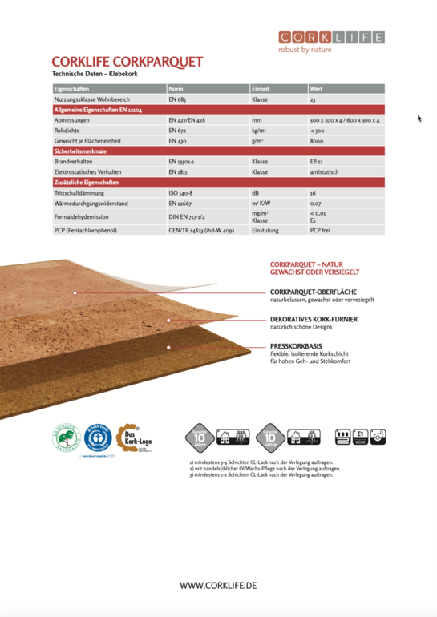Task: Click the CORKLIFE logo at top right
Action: click(x=331, y=38)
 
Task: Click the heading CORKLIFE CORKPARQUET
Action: click(x=127, y=62)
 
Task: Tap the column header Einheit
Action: click(x=261, y=88)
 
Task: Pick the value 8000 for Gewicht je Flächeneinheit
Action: click(x=318, y=140)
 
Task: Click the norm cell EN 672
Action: click(x=177, y=130)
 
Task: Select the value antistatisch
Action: click(x=326, y=171)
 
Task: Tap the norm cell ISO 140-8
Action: click(x=180, y=193)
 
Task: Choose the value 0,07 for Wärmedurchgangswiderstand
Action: click(x=316, y=204)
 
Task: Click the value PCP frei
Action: click(x=321, y=230)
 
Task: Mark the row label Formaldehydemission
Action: click(x=81, y=216)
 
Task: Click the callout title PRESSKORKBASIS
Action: click(x=301, y=346)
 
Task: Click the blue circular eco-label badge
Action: click(x=97, y=439)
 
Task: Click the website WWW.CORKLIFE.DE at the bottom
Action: click(x=218, y=586)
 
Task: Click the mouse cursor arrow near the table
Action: click(x=419, y=119)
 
